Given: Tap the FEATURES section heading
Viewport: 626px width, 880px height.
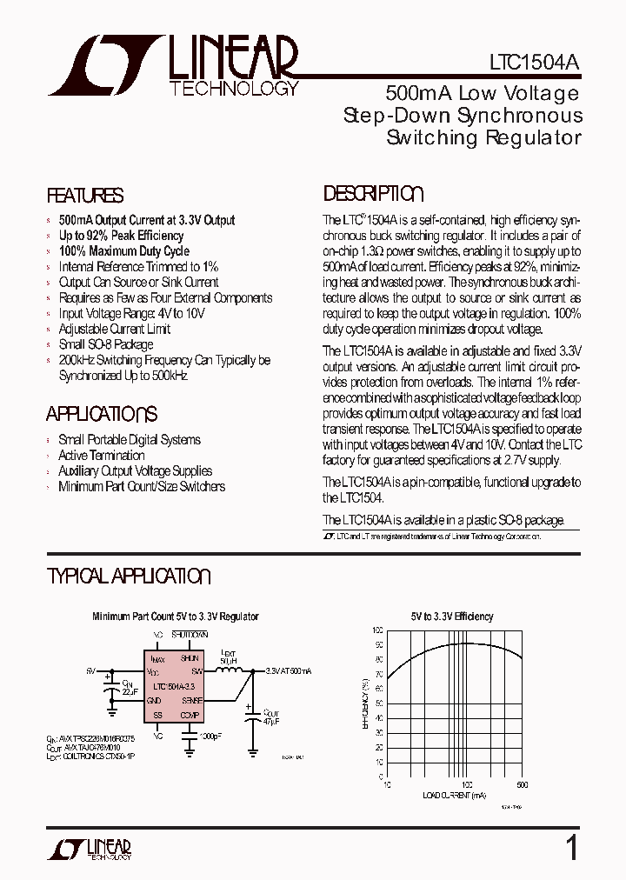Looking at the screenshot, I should (x=85, y=196).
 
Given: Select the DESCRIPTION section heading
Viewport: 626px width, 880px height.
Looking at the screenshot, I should (x=373, y=194).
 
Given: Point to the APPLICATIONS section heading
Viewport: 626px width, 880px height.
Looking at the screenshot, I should (x=102, y=414).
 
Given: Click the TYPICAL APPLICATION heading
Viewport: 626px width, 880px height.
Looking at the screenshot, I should (x=129, y=577).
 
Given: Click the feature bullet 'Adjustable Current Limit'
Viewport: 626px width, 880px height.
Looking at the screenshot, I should (x=114, y=329).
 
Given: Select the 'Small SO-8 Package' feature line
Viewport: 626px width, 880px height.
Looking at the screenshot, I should (x=105, y=344).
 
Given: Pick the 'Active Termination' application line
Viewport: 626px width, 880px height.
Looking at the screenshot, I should (x=101, y=455).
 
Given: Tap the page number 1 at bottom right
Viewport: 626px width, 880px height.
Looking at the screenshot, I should (x=571, y=847).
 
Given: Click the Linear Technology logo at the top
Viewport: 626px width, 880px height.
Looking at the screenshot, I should (x=174, y=66).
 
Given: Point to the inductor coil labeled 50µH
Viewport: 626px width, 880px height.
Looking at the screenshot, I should (x=230, y=670).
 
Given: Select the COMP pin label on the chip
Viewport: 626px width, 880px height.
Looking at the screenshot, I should (x=190, y=715).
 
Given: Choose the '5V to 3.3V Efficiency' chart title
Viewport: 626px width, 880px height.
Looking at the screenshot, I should (x=452, y=617).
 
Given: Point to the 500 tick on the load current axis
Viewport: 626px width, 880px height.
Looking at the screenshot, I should (x=522, y=784).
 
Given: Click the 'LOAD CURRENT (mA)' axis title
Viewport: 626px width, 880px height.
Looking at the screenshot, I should (x=455, y=795).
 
